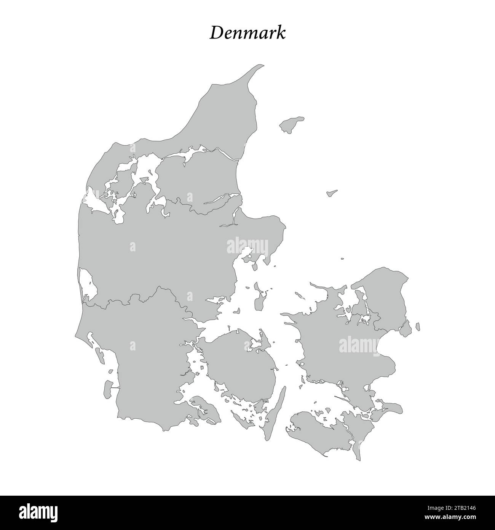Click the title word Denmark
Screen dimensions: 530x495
247,33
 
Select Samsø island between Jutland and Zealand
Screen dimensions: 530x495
260,301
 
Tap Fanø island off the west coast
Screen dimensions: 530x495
101,355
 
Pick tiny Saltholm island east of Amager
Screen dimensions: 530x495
418,326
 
